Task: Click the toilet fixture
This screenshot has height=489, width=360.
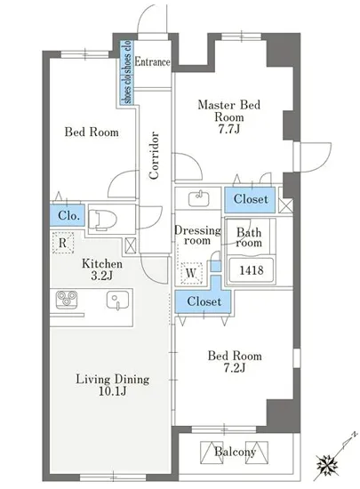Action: pos(102,220)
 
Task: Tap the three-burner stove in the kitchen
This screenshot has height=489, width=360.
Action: pos(67,299)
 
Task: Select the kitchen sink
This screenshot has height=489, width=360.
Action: pos(117,300)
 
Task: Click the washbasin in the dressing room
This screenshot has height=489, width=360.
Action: pos(199,198)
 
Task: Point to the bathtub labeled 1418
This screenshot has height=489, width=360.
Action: pos(252,269)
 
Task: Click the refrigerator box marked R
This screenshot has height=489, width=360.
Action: pos(63,243)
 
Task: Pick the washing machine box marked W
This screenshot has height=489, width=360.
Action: pos(191,273)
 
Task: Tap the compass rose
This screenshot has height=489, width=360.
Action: pos(327,466)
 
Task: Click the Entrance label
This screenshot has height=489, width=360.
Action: pos(152,61)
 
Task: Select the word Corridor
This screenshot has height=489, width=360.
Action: pos(154,156)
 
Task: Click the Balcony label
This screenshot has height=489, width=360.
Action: pos(235,452)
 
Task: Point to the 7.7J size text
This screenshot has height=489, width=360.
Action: pos(229,129)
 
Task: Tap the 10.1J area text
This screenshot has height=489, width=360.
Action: pos(113,391)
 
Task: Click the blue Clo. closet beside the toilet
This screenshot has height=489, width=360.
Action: pos(68,215)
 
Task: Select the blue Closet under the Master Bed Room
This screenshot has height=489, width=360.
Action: pos(251,199)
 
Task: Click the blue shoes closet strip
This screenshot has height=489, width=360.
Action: pos(128,72)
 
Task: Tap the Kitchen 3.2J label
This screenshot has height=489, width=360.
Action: pos(102,269)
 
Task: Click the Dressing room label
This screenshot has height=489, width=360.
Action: pos(197,235)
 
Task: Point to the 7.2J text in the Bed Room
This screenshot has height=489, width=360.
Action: pos(235,368)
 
